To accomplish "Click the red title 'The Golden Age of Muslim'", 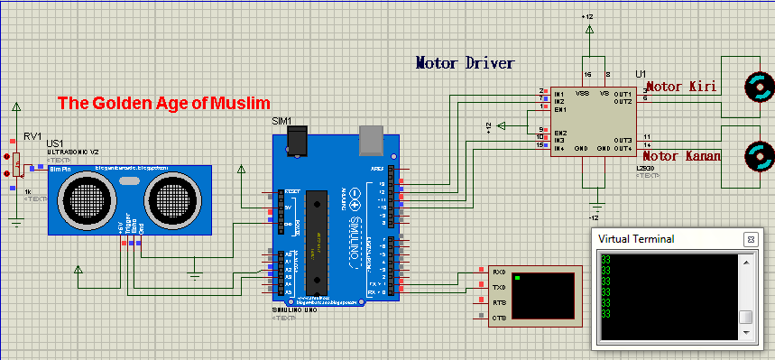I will pyautogui.click(x=164, y=103).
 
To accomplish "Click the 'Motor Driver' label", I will pyautogui.click(x=465, y=63).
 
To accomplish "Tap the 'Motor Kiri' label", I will pyautogui.click(x=681, y=87).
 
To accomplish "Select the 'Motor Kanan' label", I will pyautogui.click(x=682, y=156).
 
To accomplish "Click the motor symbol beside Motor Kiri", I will pyautogui.click(x=758, y=88).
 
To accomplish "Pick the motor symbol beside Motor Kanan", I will pyautogui.click(x=758, y=156).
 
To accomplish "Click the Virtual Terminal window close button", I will pyautogui.click(x=750, y=239).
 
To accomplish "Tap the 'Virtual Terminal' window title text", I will pyautogui.click(x=636, y=239).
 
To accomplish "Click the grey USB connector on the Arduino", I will pyautogui.click(x=371, y=138).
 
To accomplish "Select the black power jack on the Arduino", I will pyautogui.click(x=295, y=139).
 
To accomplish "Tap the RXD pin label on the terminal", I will pyautogui.click(x=499, y=272).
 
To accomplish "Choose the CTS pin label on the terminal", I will pyautogui.click(x=499, y=318).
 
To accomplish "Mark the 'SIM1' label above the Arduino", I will pyautogui.click(x=283, y=121).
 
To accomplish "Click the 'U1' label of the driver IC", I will pyautogui.click(x=641, y=73).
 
